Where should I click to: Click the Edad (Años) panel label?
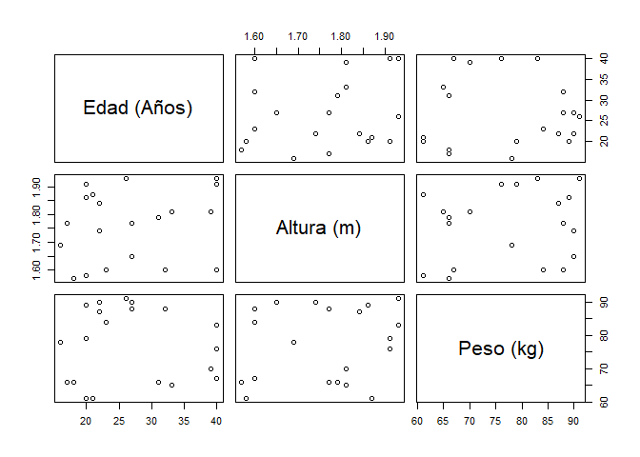click(138, 108)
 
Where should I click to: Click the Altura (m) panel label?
click(318, 228)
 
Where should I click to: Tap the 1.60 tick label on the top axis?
click(254, 35)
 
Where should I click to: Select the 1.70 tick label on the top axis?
click(297, 35)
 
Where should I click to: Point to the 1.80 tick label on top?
click(341, 35)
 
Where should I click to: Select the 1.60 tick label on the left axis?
click(37, 269)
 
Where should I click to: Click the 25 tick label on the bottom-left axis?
click(118, 421)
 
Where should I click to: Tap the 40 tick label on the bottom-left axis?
click(216, 421)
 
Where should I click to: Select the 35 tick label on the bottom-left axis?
click(184, 421)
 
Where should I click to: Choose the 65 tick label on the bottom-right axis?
click(443, 421)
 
